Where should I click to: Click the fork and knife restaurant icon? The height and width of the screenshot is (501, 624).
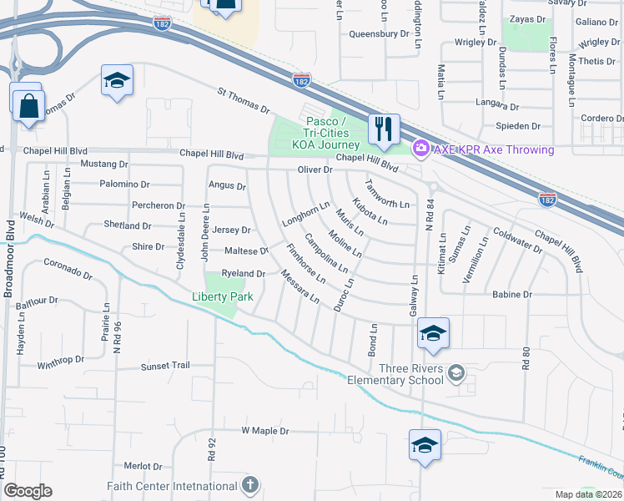click(384, 129)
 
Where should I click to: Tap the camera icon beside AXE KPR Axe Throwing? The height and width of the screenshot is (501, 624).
click(421, 149)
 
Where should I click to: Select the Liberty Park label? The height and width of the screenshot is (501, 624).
click(222, 296)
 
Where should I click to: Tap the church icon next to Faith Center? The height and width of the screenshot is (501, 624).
click(249, 485)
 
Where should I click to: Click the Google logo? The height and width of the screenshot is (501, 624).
click(28, 491)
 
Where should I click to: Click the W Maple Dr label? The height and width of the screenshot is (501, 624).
click(264, 431)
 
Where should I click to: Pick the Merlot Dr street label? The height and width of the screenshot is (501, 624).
click(143, 466)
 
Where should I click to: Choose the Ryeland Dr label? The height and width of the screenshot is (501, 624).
click(243, 274)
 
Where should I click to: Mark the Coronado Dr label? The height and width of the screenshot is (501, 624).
click(67, 270)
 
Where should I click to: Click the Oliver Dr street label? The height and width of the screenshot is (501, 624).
click(315, 170)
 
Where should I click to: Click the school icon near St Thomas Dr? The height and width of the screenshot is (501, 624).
click(117, 81)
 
